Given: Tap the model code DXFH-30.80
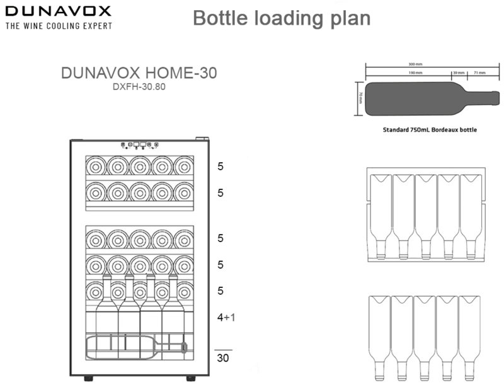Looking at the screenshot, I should tap(139, 88).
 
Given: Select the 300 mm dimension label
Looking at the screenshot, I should tap(415, 64).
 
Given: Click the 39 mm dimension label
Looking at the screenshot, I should tap(458, 73).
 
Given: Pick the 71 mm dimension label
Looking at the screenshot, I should tap(479, 73).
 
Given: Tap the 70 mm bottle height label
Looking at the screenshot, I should tap(361, 98).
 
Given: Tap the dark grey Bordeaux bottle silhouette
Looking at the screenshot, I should tap(416, 97).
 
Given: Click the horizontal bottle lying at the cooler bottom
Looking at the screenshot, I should tap(135, 347).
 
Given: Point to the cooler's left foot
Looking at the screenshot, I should tap(88, 379).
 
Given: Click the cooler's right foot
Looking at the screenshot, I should tap(190, 379).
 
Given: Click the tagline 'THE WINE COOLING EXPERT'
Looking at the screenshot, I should tap(59, 26).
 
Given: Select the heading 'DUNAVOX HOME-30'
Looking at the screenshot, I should tap(139, 73).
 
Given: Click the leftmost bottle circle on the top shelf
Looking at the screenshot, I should tap(95, 166).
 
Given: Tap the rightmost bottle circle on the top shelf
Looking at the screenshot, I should tap(183, 166).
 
